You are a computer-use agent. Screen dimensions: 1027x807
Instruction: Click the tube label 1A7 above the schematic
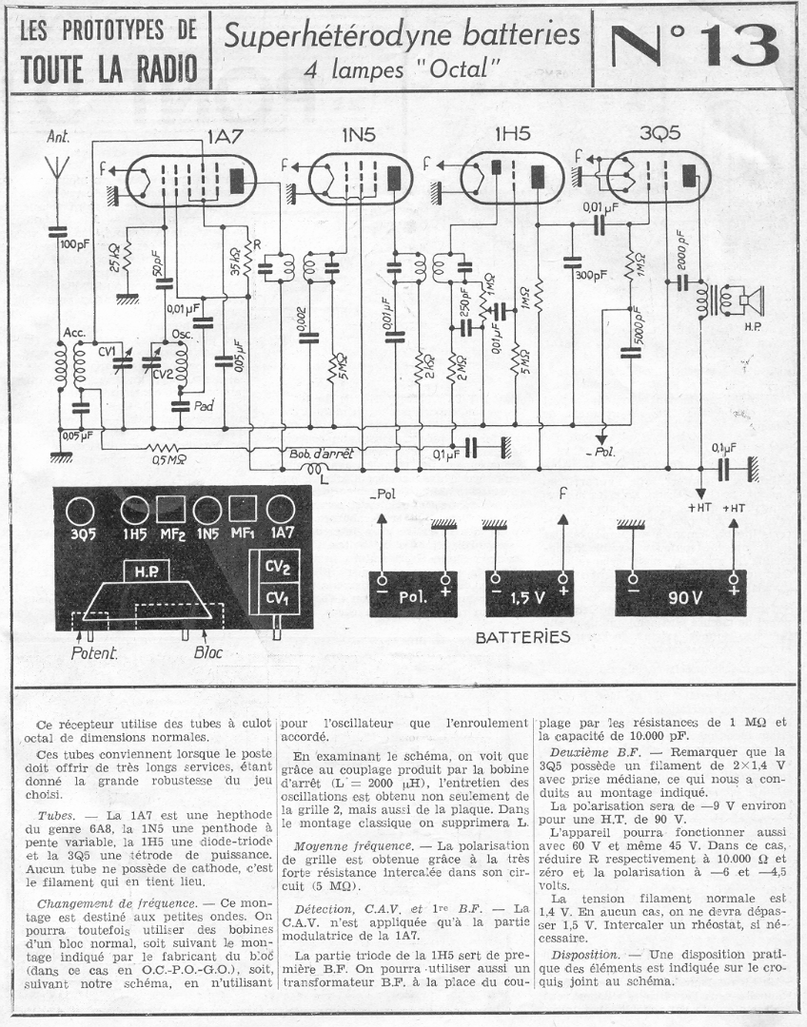[x=226, y=136]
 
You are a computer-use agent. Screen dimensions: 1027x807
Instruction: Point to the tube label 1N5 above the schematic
[x=358, y=136]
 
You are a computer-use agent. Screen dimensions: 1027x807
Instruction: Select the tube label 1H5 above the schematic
[x=512, y=135]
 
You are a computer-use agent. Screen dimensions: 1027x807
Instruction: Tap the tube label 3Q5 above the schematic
[x=659, y=134]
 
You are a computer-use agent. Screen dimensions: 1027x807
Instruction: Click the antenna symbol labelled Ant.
[x=59, y=172]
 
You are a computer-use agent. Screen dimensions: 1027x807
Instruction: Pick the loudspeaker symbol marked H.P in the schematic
[x=749, y=302]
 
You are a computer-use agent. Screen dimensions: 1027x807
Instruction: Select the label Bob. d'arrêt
[x=319, y=455]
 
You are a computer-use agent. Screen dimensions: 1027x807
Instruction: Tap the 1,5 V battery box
[x=528, y=596]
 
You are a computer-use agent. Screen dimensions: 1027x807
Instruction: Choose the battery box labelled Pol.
[x=412, y=596]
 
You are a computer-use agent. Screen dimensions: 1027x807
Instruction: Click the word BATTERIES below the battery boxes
[x=522, y=636]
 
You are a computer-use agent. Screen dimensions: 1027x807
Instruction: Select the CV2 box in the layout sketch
[x=277, y=568]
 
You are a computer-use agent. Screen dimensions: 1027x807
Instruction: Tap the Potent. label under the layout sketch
[x=94, y=654]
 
